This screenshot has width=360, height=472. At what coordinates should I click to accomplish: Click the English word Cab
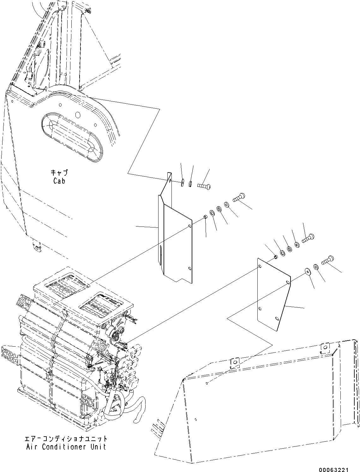click(59, 181)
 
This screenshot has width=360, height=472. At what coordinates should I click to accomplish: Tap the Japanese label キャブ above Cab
click(59, 173)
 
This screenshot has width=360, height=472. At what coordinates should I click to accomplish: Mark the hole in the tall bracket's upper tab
click(170, 181)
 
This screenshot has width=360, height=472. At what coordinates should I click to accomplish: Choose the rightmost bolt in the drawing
click(328, 260)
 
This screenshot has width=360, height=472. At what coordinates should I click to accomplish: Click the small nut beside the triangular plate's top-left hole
click(275, 257)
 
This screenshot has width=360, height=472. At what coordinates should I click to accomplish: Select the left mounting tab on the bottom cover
click(234, 363)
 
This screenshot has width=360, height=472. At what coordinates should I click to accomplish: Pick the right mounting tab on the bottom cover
click(325, 348)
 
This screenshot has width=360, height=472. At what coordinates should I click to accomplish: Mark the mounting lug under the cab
click(37, 247)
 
